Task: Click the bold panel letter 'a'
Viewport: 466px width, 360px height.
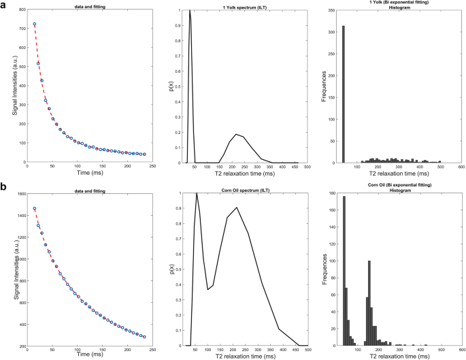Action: pos(3,5)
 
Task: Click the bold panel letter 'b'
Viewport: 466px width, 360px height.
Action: pos(3,186)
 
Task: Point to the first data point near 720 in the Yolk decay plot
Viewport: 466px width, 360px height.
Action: pos(35,24)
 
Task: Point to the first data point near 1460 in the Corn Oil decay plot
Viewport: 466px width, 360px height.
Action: pos(35,209)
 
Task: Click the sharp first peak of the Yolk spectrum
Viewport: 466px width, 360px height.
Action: pos(190,12)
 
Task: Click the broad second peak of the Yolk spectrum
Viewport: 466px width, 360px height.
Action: pos(236,134)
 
